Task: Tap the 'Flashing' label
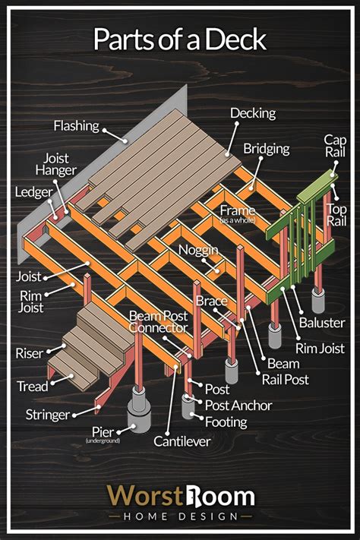click(x=77, y=126)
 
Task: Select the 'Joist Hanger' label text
click(x=56, y=164)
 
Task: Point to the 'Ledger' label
click(x=33, y=192)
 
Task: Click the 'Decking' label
click(x=253, y=114)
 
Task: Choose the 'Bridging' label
click(x=267, y=149)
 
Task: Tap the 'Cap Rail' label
click(x=335, y=146)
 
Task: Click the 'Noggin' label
click(x=198, y=250)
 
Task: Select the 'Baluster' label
click(x=322, y=323)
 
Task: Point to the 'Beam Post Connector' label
click(x=159, y=322)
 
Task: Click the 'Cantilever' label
click(x=182, y=441)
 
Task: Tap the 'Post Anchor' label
click(x=238, y=406)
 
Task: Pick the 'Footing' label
click(x=226, y=422)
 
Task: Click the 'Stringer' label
click(x=48, y=415)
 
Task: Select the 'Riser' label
click(x=30, y=353)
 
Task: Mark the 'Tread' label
click(x=33, y=387)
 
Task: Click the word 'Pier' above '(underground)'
click(x=103, y=432)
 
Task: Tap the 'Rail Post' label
click(x=286, y=380)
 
